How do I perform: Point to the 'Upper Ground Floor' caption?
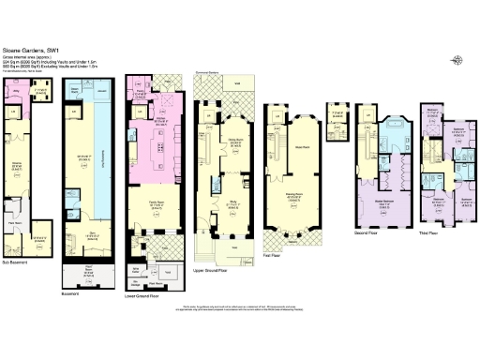coord(212,268)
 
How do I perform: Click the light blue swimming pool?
coord(94,159)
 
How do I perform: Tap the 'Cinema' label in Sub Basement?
coord(16,164)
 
